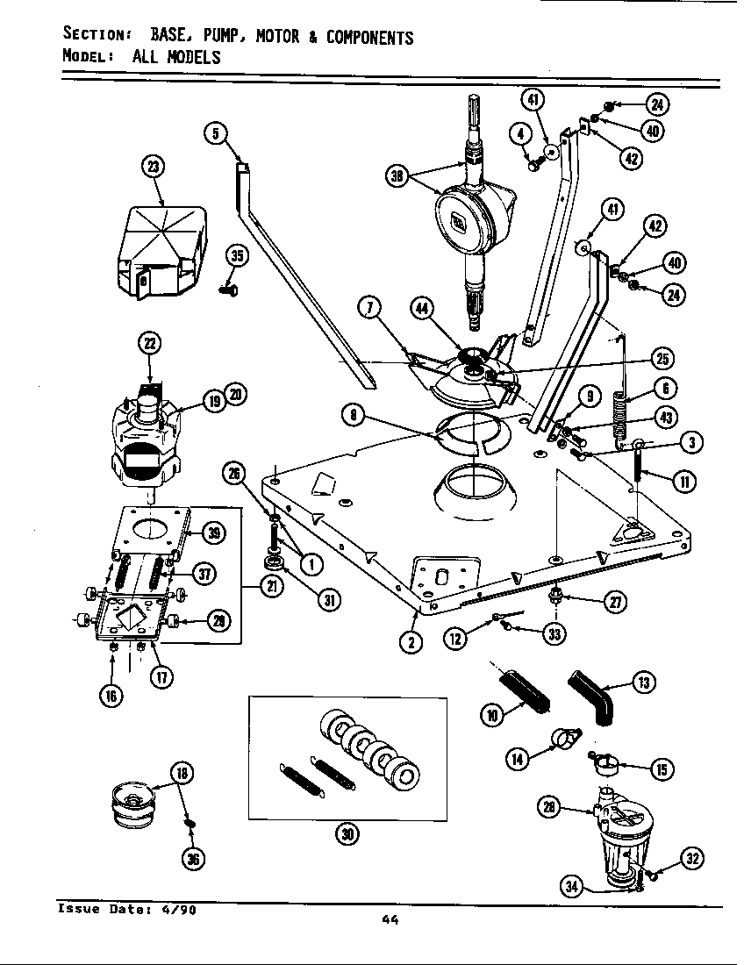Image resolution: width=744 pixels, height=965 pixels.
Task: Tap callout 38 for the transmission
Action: coord(397,175)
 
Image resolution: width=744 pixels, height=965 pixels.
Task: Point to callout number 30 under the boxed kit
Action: coord(347,834)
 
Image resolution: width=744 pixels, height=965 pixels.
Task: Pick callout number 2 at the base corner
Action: coord(412,642)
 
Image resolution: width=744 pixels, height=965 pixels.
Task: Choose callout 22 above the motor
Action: coord(148,345)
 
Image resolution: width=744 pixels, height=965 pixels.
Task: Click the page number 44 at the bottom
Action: coord(391,919)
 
